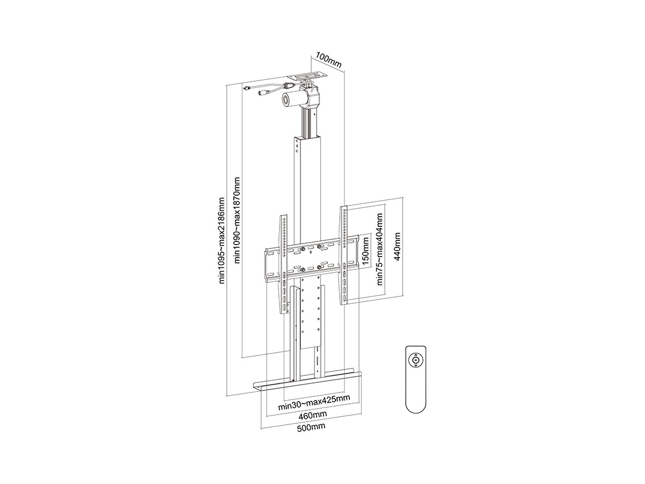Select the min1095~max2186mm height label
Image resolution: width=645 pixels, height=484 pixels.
coord(222,241)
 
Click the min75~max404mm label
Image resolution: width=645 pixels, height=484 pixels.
coord(379,249)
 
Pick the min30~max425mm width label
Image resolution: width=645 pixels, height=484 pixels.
coord(314,402)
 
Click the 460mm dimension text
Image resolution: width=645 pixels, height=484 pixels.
coord(313,415)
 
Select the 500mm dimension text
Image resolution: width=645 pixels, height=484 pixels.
coord(311,427)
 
